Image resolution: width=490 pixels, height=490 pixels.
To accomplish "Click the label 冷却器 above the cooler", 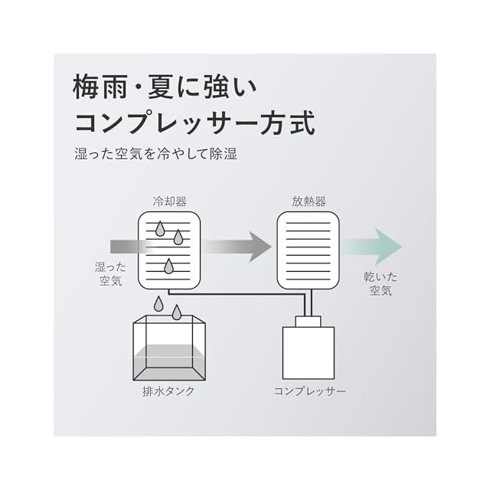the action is [x=169, y=201].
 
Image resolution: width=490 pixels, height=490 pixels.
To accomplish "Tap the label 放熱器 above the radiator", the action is [x=309, y=201].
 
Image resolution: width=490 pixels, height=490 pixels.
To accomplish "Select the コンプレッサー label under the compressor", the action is [x=310, y=390].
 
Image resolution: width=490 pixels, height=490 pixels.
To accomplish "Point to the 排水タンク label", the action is [x=168, y=390].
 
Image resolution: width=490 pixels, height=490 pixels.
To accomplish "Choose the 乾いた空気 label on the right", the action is [x=381, y=284].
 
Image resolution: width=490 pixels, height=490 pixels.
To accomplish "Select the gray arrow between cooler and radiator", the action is [x=237, y=247].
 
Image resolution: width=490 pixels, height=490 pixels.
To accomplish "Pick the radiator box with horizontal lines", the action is [x=308, y=250].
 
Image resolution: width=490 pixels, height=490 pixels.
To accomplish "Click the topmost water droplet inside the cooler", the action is [x=161, y=227].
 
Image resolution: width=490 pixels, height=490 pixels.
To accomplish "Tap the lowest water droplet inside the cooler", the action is [x=168, y=266].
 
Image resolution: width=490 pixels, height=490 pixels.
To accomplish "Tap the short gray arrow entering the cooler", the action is [x=126, y=247].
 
